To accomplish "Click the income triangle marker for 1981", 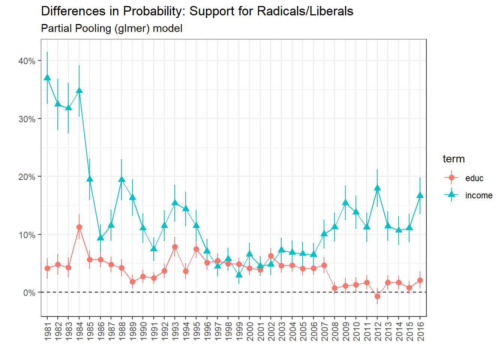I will click(x=47, y=78).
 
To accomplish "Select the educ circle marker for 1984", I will click(x=79, y=227).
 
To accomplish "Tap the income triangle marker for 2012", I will click(x=378, y=188).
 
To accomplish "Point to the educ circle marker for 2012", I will click(x=378, y=297).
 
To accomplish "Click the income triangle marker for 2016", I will click(x=420, y=195).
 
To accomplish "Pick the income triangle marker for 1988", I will click(x=122, y=179).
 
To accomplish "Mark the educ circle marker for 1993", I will click(x=175, y=247).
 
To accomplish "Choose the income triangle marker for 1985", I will click(x=90, y=178).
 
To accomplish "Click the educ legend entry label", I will click(x=474, y=178).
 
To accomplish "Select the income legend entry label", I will click(x=479, y=196).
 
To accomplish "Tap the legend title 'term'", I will click(x=454, y=159).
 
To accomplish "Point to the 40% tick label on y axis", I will click(x=27, y=61).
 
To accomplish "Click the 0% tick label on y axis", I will click(x=29, y=293).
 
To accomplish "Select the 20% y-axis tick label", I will click(x=27, y=177).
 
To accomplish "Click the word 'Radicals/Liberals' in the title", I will click(x=305, y=11).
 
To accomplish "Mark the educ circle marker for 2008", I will click(x=335, y=288).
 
